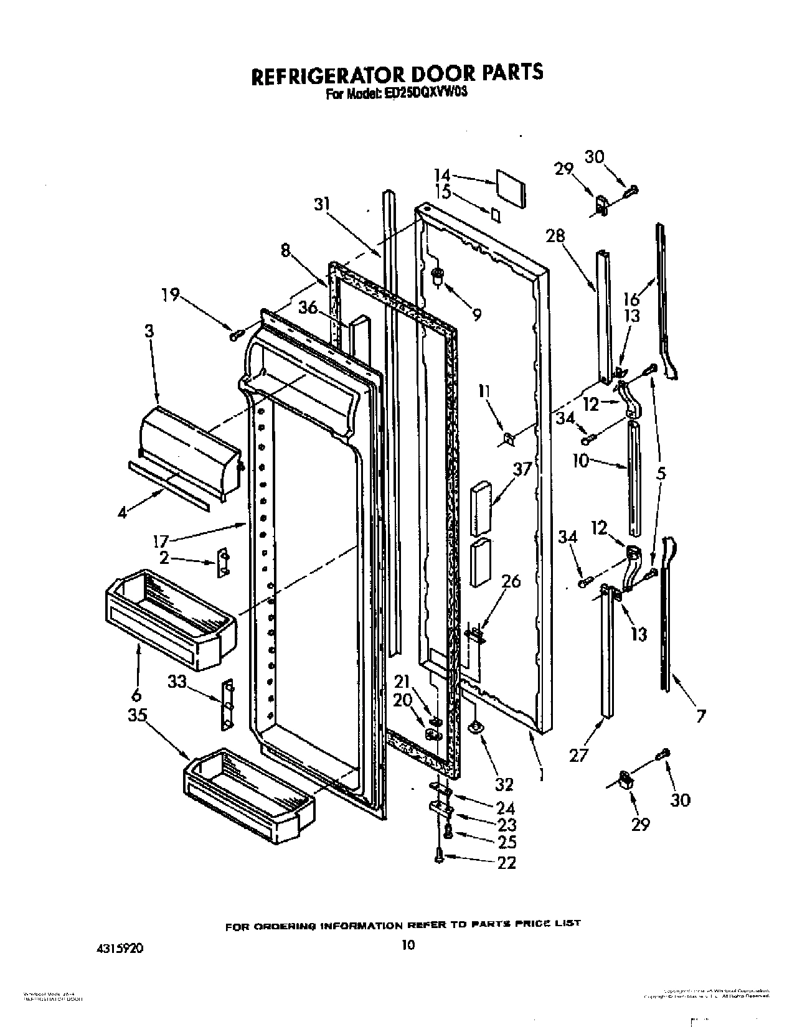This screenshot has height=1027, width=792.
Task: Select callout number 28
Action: click(555, 235)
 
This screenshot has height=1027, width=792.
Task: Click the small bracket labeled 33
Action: click(229, 703)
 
